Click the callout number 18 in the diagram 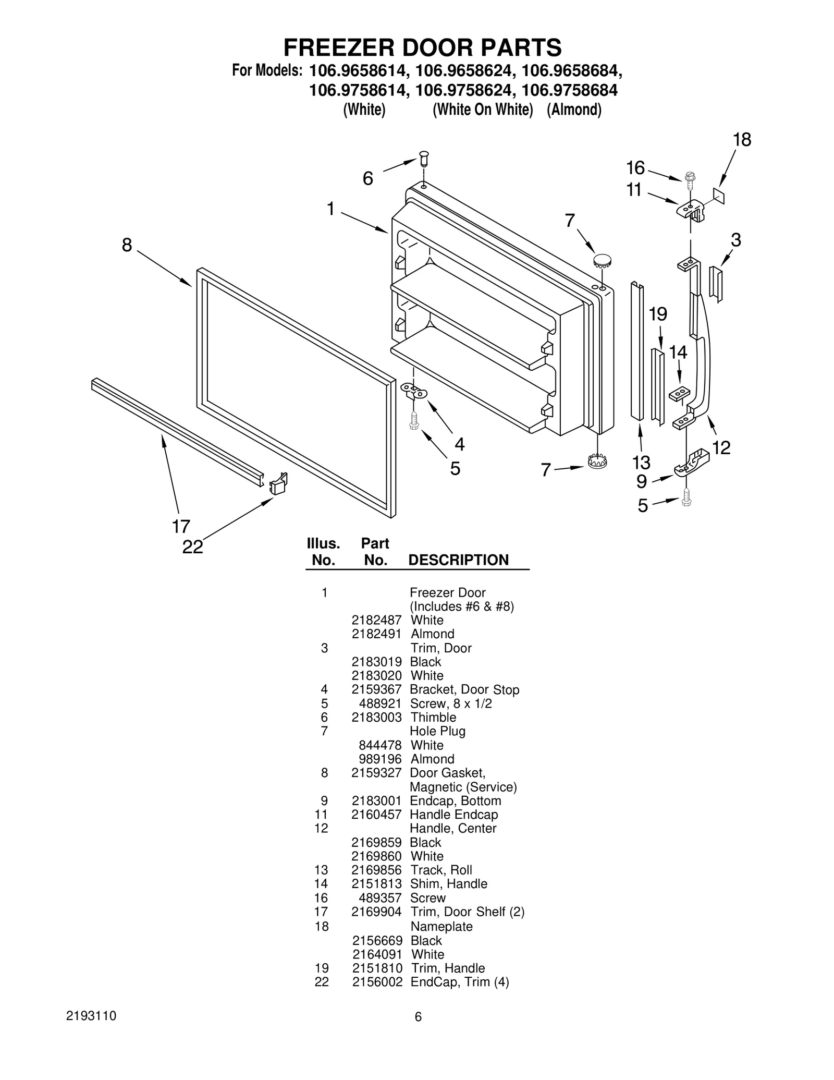[x=742, y=140]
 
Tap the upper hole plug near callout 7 [x=602, y=259]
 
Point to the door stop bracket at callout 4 [x=414, y=391]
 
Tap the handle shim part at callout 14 [x=679, y=394]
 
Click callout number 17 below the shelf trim [x=181, y=526]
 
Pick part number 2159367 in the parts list [x=376, y=689]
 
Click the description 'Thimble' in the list [x=433, y=717]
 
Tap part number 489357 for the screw [x=380, y=897]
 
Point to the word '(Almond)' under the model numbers [x=574, y=110]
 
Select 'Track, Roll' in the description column [x=441, y=870]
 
